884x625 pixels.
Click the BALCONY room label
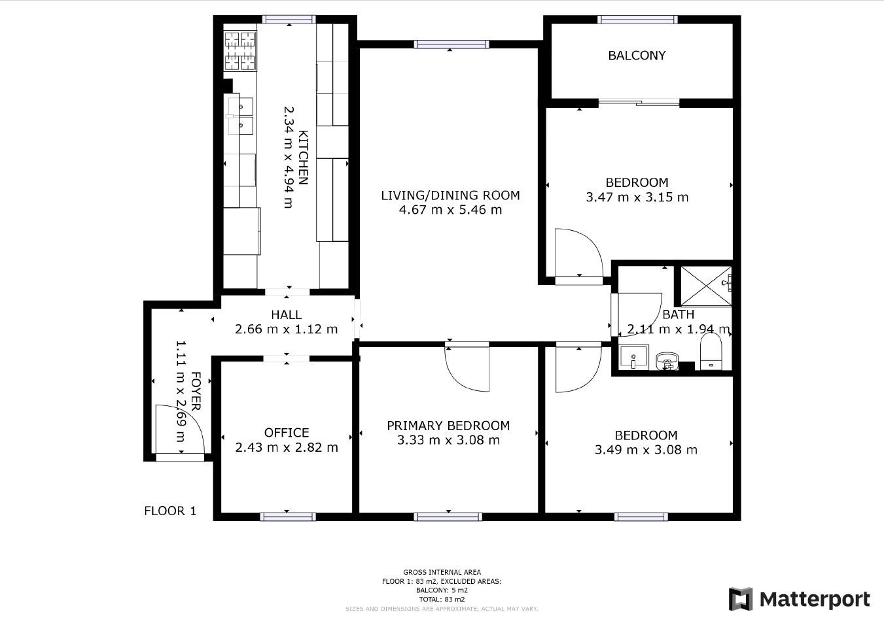tap(637, 56)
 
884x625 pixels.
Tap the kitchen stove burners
tap(240, 51)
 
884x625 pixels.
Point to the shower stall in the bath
tap(706, 286)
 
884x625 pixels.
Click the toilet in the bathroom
tap(711, 352)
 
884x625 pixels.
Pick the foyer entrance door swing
tap(180, 429)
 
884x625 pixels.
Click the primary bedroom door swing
tap(467, 369)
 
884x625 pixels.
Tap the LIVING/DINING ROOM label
tap(450, 195)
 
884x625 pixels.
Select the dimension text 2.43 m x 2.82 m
tap(287, 448)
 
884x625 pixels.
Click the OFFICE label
tap(287, 433)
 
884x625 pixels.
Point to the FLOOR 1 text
tap(170, 511)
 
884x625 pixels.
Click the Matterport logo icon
tap(741, 599)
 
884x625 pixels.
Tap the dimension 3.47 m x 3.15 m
tap(637, 197)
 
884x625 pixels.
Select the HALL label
tap(287, 314)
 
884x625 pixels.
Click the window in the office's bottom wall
tap(288, 516)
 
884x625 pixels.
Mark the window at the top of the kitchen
tap(289, 20)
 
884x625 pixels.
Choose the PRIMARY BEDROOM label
tap(448, 426)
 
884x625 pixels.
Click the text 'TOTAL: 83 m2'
tap(442, 600)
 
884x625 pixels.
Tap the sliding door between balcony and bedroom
tap(639, 103)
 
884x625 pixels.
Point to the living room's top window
tap(451, 44)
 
